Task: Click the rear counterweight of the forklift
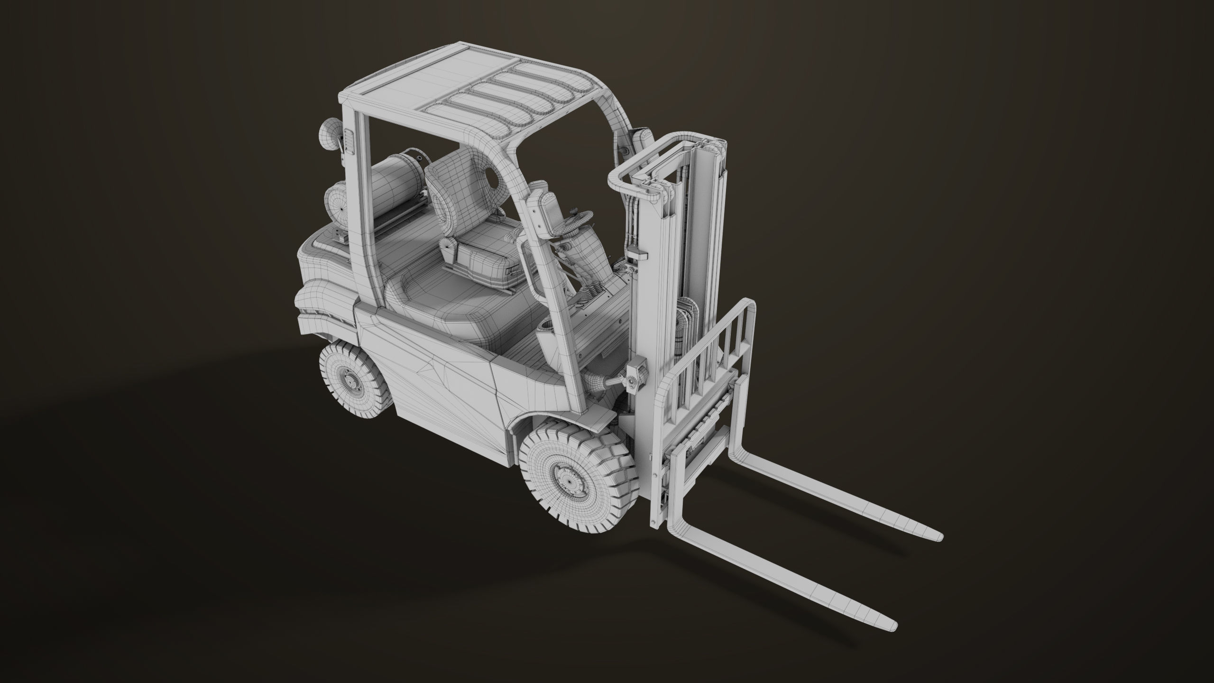click(x=322, y=280)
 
